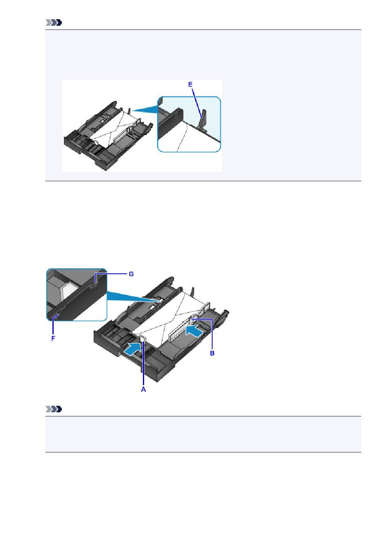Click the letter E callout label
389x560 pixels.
coord(190,85)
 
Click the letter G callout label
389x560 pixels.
coord(131,274)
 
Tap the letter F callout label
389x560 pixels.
coord(53,339)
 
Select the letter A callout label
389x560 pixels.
coord(143,389)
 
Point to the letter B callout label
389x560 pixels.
coord(212,353)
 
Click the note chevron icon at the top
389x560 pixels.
coord(54,23)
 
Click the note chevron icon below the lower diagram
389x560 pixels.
coord(54,409)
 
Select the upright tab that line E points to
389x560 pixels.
coord(203,119)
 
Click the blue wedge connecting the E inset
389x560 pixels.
coord(145,109)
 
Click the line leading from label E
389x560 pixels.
coord(197,103)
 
